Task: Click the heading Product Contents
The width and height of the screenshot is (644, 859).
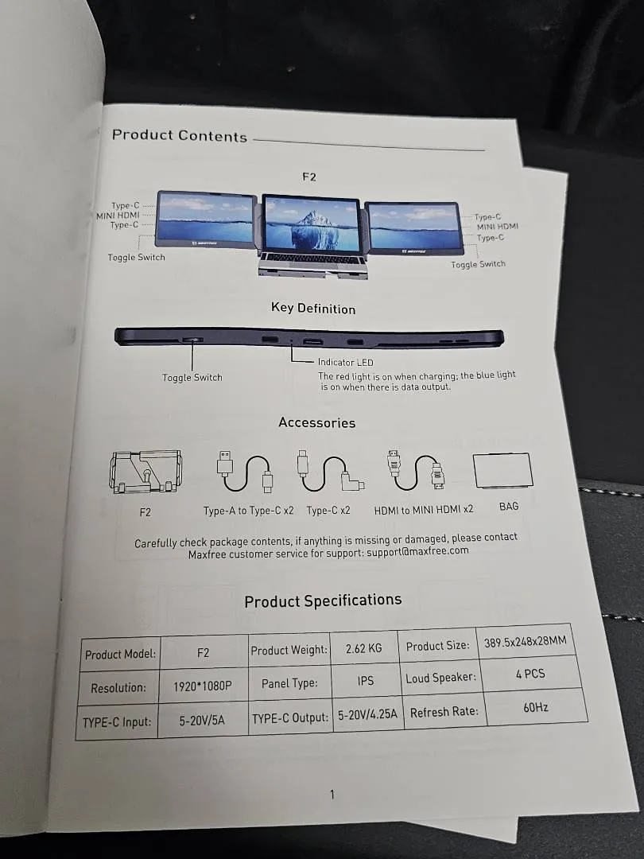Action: (x=180, y=135)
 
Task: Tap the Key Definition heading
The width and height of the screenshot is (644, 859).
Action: (x=313, y=309)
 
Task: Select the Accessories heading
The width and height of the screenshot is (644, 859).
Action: (x=317, y=422)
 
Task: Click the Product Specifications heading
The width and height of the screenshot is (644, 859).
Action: (x=323, y=601)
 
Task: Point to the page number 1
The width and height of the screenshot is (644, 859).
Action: (x=332, y=794)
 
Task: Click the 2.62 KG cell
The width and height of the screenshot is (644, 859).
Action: (x=363, y=648)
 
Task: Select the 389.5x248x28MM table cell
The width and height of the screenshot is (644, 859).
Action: (x=526, y=642)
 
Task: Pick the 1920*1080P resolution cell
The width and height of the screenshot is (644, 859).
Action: (x=203, y=686)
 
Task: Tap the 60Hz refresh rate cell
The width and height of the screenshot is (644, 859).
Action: (x=536, y=707)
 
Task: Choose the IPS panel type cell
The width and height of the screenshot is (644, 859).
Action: (x=365, y=680)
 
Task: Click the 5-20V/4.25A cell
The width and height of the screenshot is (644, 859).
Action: (x=367, y=714)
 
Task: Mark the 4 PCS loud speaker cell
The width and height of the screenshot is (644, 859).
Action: (x=530, y=674)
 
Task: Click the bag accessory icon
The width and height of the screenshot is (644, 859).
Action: (x=503, y=470)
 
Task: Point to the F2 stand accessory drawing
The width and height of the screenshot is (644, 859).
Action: (x=145, y=472)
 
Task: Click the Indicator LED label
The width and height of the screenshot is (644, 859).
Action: (x=346, y=362)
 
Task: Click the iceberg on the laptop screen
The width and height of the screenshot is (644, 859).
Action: (x=311, y=231)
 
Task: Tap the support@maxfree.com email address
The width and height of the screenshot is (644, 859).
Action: (x=418, y=552)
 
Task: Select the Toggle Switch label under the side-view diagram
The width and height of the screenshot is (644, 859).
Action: (x=192, y=378)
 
